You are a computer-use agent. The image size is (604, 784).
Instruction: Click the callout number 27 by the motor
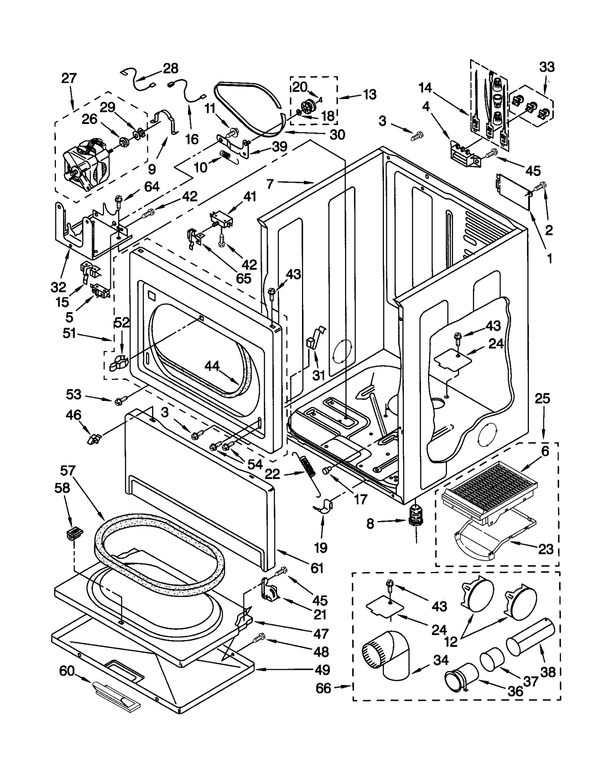69,79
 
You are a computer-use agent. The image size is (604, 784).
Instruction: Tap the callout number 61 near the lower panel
316,568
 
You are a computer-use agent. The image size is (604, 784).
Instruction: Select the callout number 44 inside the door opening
212,366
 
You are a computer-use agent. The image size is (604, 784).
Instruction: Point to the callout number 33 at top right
547,67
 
